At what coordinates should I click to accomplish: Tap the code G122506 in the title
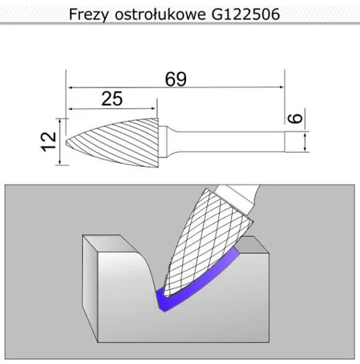pyautogui.click(x=246, y=15)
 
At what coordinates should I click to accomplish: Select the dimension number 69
pyautogui.click(x=176, y=79)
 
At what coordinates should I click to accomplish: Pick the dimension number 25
pyautogui.click(x=112, y=99)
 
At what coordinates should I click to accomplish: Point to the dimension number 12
pyautogui.click(x=49, y=142)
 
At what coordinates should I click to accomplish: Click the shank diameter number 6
pyautogui.click(x=295, y=119)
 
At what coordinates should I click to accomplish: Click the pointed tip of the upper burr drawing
pyautogui.click(x=66, y=142)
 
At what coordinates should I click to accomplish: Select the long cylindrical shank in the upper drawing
pyautogui.click(x=228, y=142)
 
